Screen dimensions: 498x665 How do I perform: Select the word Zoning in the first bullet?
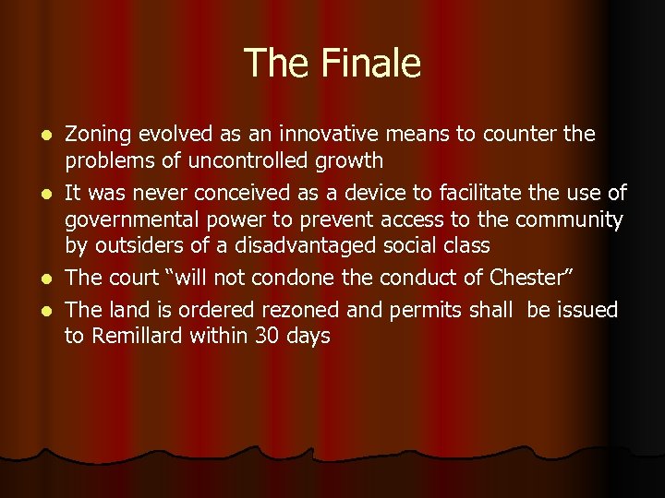(98, 135)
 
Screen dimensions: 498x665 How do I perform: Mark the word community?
(569, 219)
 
